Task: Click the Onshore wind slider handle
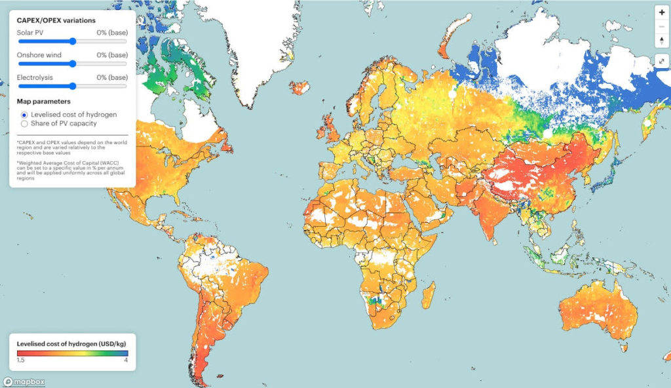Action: click(72, 64)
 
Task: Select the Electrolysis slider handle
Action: click(72, 86)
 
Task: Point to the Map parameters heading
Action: click(43, 102)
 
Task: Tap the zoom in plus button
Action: click(661, 12)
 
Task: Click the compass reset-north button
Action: click(661, 40)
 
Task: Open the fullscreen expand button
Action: click(661, 61)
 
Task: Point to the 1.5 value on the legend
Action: click(20, 360)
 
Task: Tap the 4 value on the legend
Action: click(126, 360)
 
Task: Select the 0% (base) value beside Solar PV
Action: click(111, 33)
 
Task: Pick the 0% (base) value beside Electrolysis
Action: click(111, 77)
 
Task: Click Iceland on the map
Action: click(301, 88)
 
